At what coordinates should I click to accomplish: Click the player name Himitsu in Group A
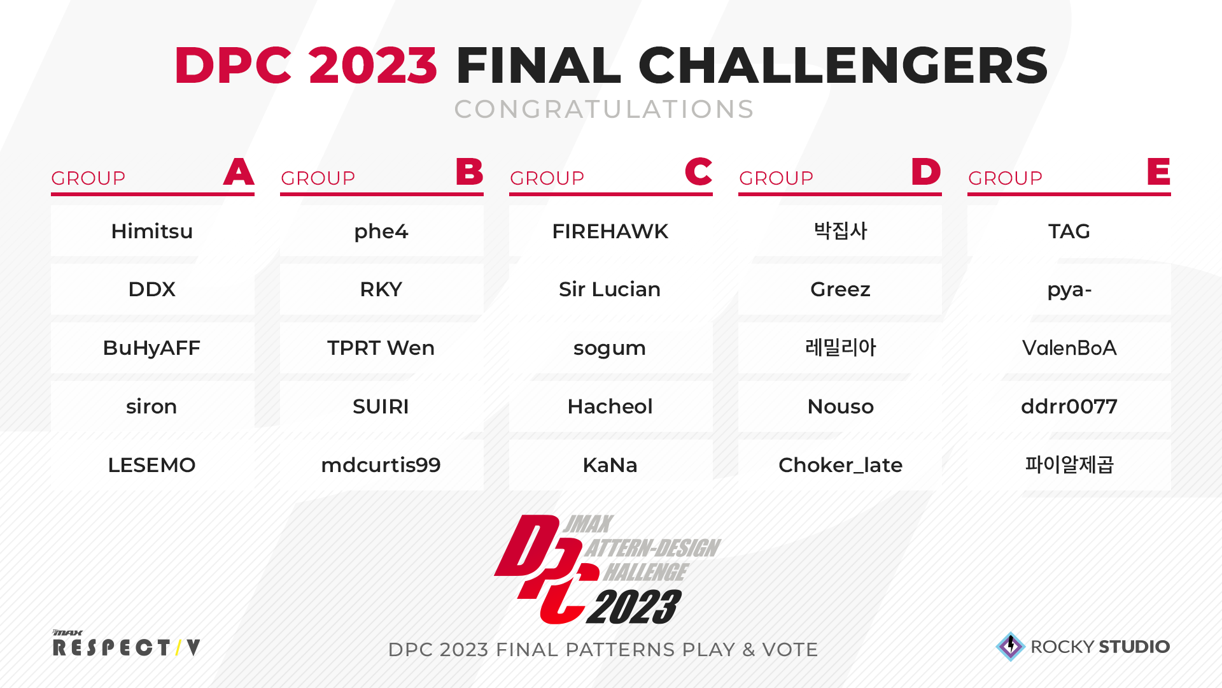[152, 231]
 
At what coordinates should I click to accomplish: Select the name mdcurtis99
[381, 465]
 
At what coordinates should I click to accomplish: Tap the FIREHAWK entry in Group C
[610, 231]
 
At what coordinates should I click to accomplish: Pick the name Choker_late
[840, 465]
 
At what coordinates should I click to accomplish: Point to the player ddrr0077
[1069, 406]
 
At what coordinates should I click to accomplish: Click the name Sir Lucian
[610, 289]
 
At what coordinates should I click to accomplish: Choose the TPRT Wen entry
[381, 348]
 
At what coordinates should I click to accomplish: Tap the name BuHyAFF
[151, 348]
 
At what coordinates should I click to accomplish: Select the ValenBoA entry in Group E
[1069, 348]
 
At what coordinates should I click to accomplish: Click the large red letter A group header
[239, 171]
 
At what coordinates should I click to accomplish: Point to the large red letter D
[926, 171]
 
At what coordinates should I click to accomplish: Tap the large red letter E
[1159, 171]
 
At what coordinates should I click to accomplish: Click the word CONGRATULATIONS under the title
[604, 110]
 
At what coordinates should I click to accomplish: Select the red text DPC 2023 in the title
[305, 65]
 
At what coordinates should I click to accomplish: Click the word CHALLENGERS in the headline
[843, 65]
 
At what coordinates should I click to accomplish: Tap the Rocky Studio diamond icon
[1011, 647]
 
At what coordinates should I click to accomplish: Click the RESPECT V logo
[126, 643]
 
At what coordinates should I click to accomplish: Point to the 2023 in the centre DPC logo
[634, 607]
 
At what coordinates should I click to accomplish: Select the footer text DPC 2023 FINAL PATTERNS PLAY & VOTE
[603, 650]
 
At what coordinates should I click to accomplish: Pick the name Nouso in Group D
[840, 406]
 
